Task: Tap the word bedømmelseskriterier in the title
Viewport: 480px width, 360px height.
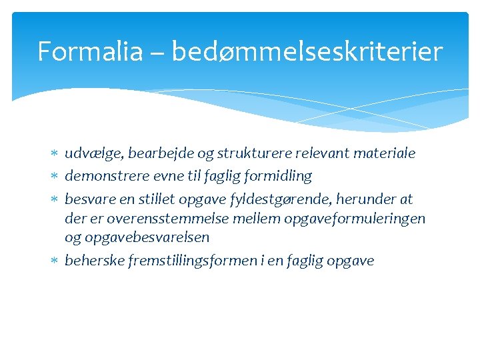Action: pos(307,51)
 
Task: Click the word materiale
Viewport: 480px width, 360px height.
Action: pos(383,153)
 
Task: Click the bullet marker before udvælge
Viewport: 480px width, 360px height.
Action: pos(55,154)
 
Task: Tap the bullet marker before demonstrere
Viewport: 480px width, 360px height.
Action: pos(55,177)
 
